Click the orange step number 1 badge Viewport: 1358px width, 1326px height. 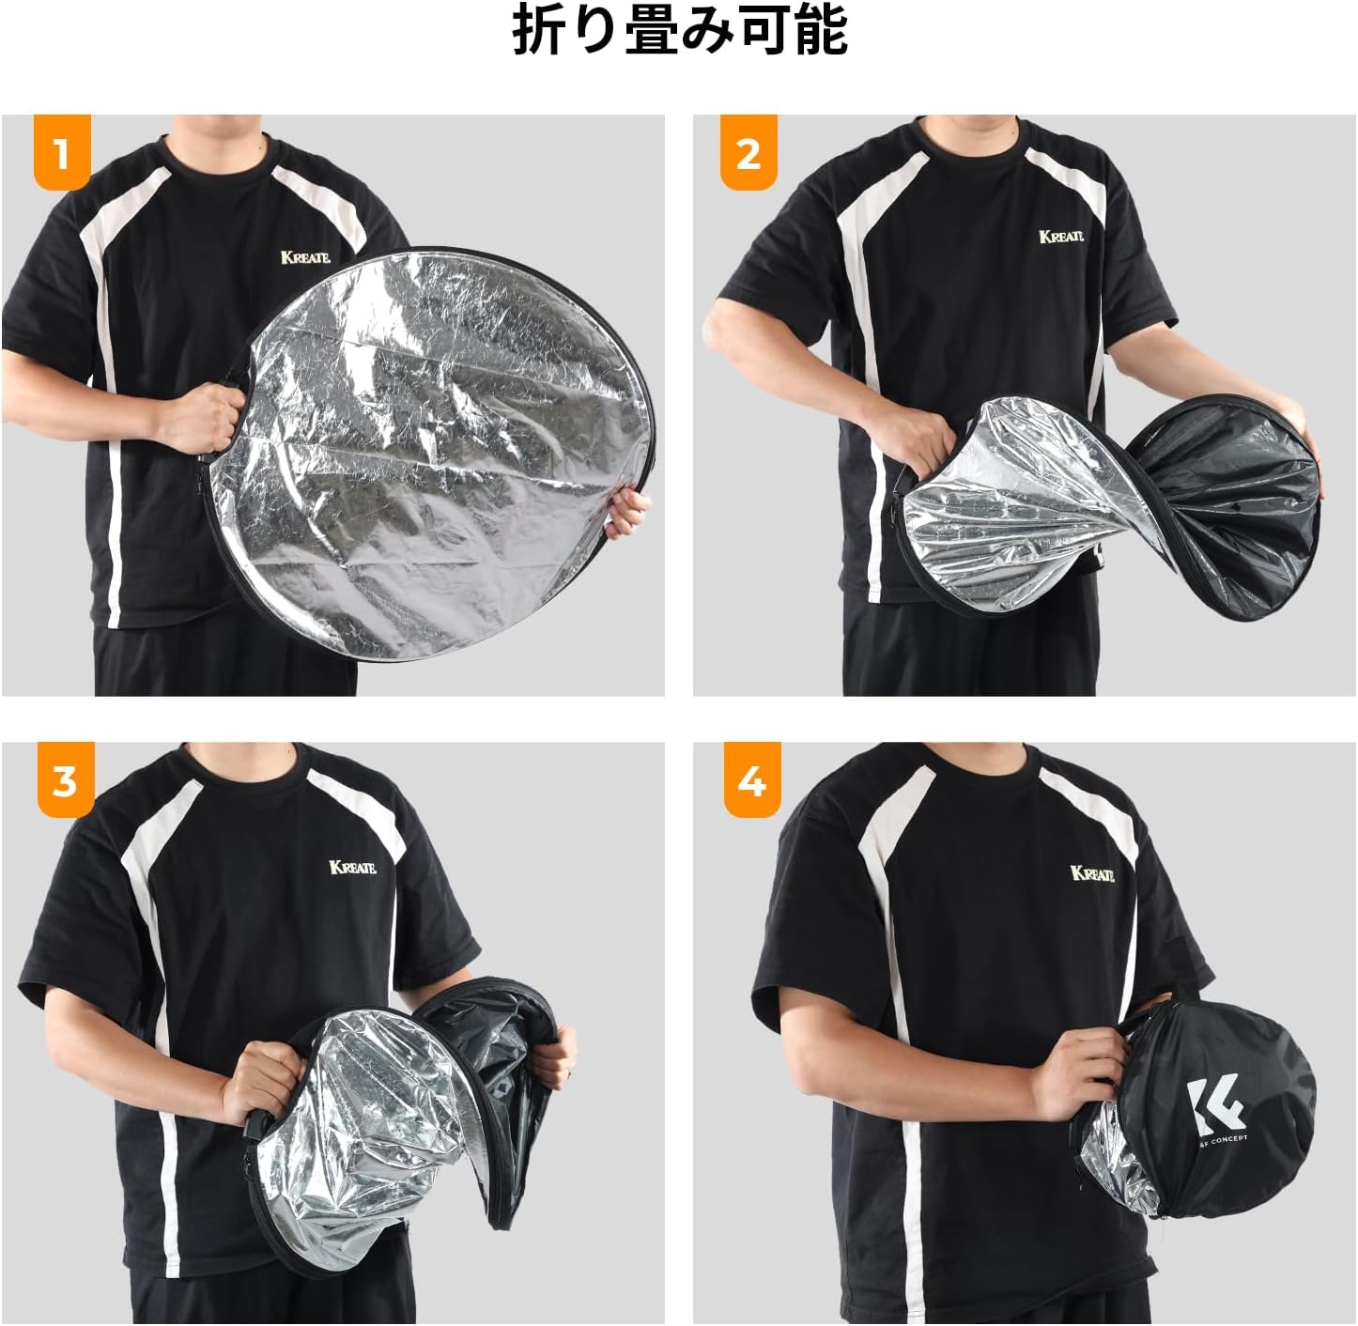(x=62, y=151)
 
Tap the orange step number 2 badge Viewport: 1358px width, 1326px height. (x=748, y=151)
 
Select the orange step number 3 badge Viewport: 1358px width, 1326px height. (x=66, y=780)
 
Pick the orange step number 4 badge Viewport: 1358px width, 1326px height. (x=751, y=780)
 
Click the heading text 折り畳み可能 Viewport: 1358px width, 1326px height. (x=680, y=31)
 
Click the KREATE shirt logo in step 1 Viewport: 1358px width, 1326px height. (x=305, y=257)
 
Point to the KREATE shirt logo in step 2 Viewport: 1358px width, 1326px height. (x=1060, y=237)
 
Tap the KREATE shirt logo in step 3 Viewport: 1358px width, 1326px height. (x=353, y=868)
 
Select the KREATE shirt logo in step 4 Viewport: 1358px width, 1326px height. (x=1092, y=873)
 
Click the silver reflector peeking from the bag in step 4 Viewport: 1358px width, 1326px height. (x=1115, y=1180)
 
